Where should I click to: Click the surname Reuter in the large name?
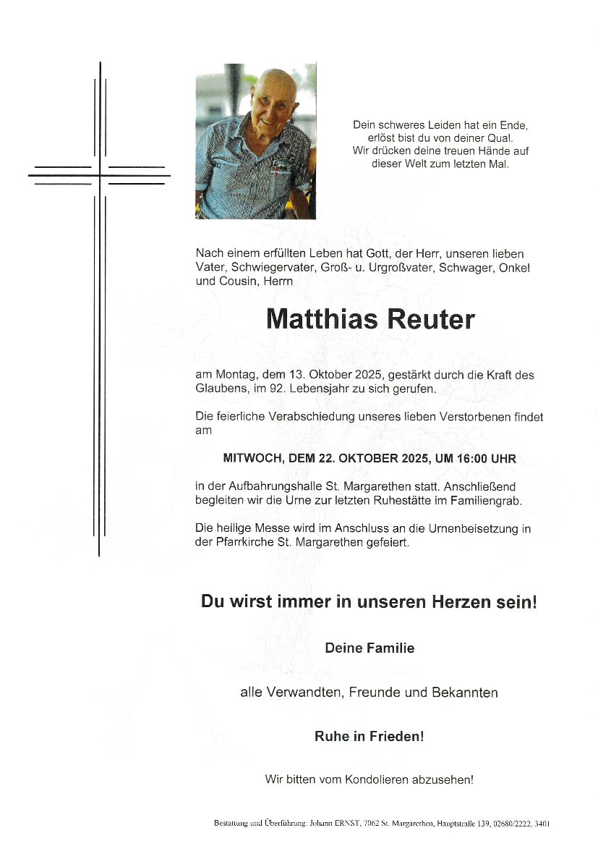(x=431, y=319)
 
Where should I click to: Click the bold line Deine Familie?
(x=370, y=648)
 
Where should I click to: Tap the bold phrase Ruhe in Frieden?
(x=369, y=737)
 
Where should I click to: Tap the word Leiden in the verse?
(x=435, y=124)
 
